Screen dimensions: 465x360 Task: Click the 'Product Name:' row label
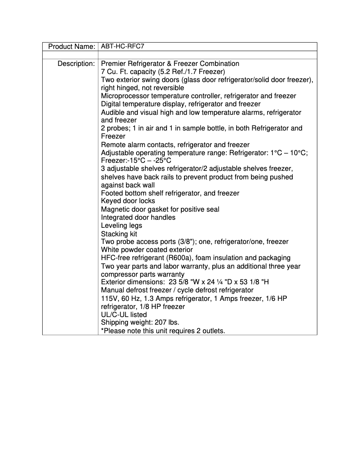tap(71, 47)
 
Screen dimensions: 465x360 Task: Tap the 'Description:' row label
tap(76, 64)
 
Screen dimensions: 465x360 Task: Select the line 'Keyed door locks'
tap(128, 201)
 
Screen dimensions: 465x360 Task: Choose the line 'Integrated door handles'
tap(138, 217)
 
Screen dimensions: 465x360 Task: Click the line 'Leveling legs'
tap(121, 226)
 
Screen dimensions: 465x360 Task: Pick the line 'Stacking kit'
tap(119, 234)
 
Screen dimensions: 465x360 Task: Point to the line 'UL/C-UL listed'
tap(124, 315)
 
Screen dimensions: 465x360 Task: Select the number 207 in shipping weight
tap(160, 323)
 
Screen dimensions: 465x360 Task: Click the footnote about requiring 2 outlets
tap(163, 331)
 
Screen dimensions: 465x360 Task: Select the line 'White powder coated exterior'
tap(147, 250)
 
